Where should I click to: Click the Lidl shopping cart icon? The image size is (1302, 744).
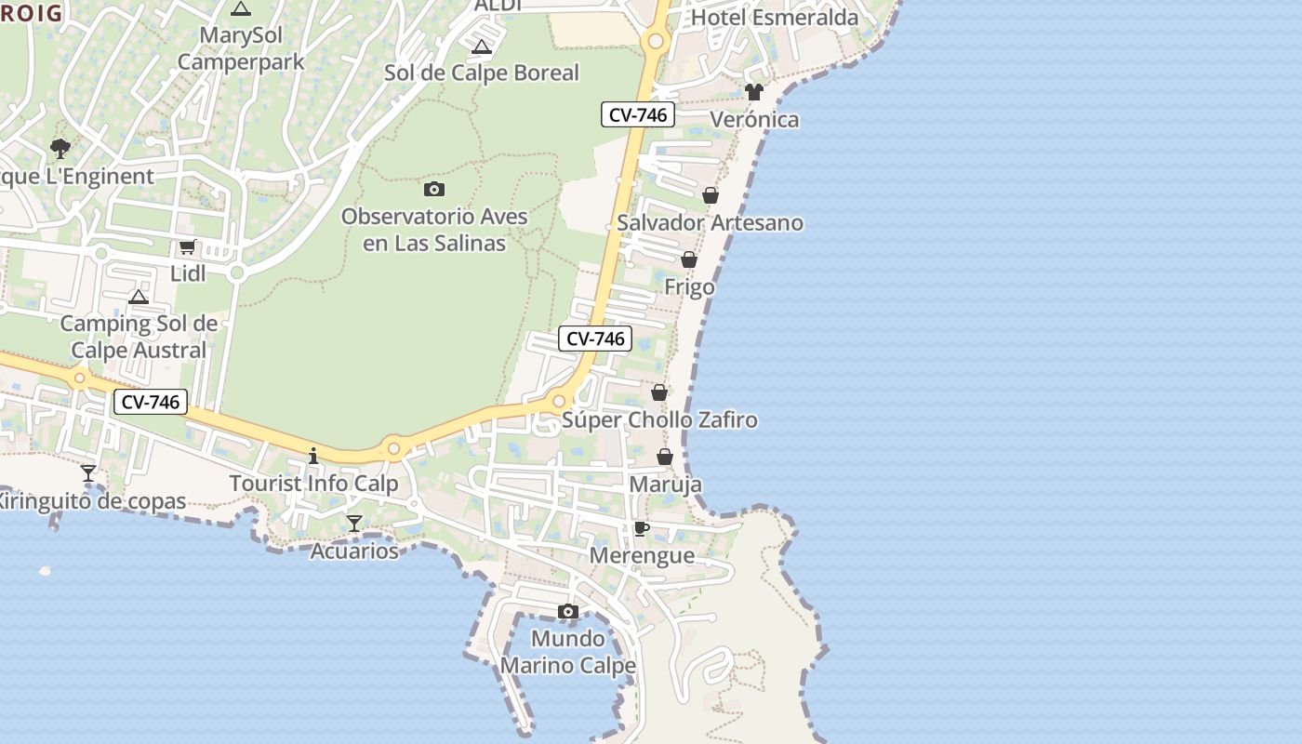click(x=187, y=246)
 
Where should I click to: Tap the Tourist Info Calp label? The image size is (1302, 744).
click(x=313, y=484)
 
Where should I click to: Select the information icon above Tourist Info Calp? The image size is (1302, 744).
click(x=313, y=456)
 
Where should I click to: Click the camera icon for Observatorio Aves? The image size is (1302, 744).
click(x=433, y=190)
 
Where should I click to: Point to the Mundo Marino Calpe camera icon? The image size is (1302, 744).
click(x=567, y=611)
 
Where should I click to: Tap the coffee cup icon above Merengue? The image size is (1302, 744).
click(x=641, y=528)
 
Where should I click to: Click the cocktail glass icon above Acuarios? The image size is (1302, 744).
click(x=353, y=524)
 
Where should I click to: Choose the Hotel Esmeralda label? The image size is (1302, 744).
click(x=775, y=18)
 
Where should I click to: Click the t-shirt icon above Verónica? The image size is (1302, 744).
click(x=753, y=92)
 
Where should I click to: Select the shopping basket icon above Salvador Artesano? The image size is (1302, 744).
click(x=711, y=195)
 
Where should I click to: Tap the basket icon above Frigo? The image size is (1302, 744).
click(x=689, y=259)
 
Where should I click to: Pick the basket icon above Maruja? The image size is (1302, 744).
click(x=665, y=457)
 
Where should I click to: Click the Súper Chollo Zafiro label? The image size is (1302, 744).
click(x=659, y=419)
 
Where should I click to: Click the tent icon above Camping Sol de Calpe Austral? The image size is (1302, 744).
click(x=139, y=298)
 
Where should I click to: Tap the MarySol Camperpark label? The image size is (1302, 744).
click(x=241, y=48)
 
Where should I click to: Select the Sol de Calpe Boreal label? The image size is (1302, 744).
click(x=481, y=73)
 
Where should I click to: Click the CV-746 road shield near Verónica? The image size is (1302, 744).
click(x=637, y=114)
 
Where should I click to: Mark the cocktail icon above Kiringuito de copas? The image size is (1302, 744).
click(x=88, y=473)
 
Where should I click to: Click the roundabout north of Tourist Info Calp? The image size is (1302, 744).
click(x=393, y=449)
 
